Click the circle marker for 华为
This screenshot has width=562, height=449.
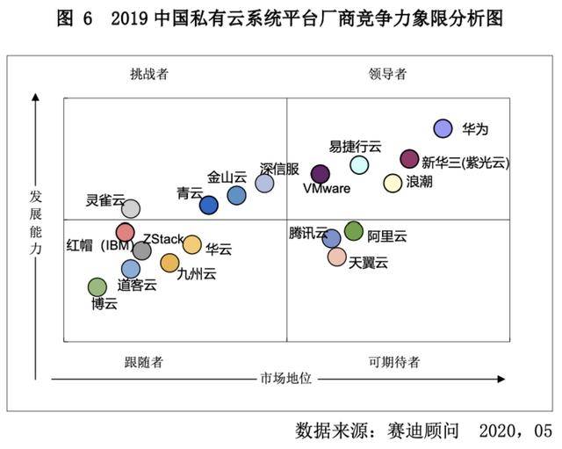[443, 129]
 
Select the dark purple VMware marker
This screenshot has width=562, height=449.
[321, 174]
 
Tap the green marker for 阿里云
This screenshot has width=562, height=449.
[353, 231]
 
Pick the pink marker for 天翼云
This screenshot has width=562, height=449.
[337, 257]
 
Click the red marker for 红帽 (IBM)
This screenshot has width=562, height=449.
[126, 233]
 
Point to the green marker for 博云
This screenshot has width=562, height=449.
[97, 287]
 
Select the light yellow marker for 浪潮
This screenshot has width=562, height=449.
[393, 183]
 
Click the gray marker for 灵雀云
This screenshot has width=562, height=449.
[131, 208]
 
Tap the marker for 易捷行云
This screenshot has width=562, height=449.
[359, 164]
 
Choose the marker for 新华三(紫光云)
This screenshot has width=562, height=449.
[409, 158]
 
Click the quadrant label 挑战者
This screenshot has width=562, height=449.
[148, 74]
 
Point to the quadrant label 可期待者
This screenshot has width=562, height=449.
[393, 361]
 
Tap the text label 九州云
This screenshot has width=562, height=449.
[196, 274]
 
